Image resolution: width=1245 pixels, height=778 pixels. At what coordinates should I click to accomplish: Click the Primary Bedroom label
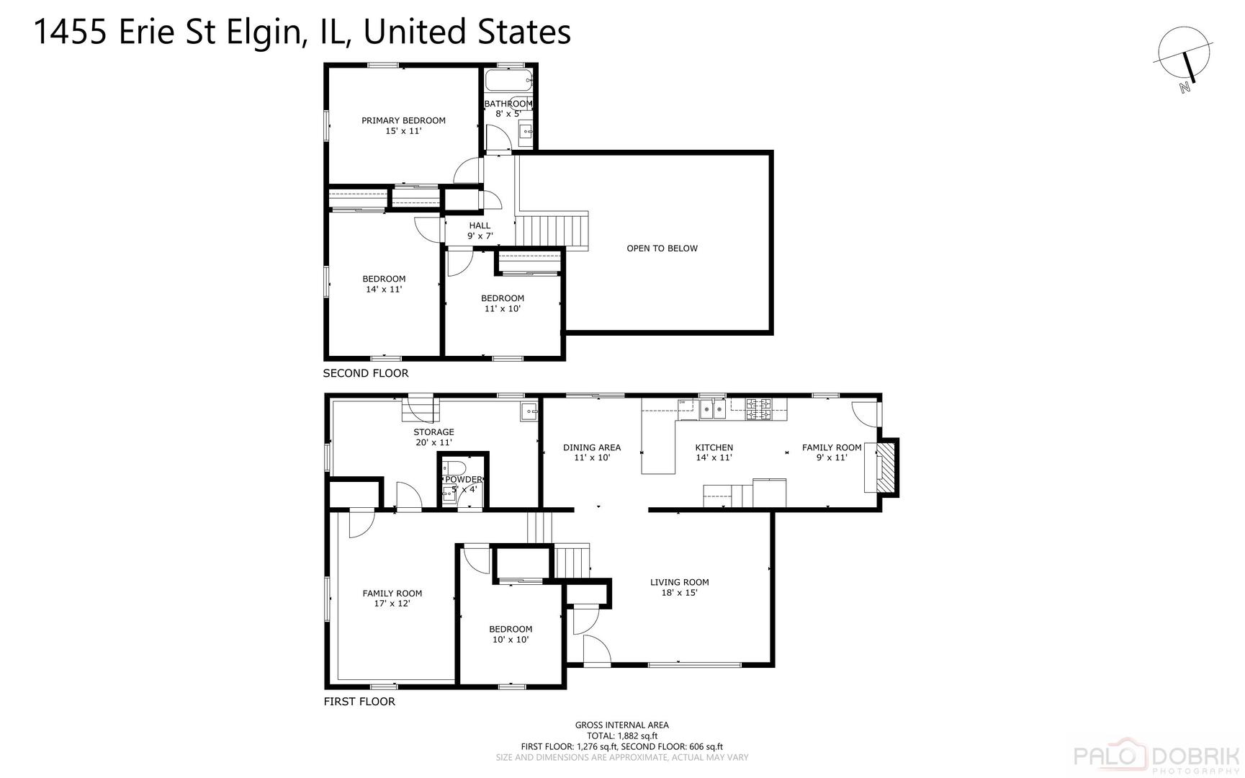403,125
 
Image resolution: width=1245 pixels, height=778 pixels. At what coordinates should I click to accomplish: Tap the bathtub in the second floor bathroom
508,79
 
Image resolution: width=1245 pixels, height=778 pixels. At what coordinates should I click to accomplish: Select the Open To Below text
662,249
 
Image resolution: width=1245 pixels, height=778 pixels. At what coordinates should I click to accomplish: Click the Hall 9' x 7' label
480,231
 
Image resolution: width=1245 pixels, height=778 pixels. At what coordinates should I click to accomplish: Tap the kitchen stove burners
758,408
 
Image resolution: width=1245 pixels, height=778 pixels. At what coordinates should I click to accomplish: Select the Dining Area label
591,452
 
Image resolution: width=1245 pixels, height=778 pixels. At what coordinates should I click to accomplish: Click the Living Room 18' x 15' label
679,587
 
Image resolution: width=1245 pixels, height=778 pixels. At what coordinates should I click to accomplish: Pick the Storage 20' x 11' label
433,437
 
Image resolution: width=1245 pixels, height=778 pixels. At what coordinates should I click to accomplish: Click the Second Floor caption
365,373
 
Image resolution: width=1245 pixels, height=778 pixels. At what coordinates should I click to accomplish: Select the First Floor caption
359,702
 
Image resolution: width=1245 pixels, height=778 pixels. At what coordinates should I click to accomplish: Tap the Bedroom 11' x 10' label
502,303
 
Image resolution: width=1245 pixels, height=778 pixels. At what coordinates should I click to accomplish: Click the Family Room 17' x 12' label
392,599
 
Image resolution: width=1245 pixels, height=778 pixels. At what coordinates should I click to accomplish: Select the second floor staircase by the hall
552,231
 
